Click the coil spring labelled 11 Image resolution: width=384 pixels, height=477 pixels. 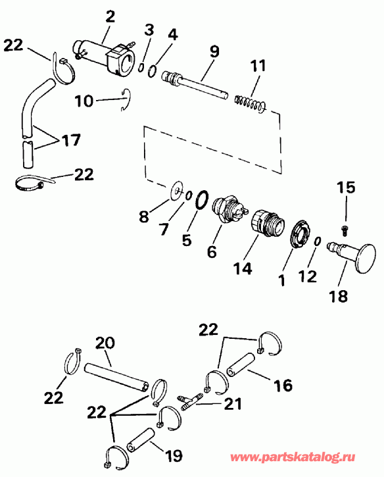(251, 103)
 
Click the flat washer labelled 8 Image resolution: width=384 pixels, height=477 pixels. (177, 191)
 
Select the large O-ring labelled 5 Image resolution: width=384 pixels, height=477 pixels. (202, 200)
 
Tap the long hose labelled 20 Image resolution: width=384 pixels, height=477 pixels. (116, 376)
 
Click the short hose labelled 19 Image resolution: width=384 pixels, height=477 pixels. (141, 439)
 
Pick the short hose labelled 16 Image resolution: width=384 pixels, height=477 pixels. (241, 365)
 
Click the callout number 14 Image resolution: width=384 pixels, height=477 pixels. (243, 268)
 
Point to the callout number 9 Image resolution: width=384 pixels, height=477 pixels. (214, 51)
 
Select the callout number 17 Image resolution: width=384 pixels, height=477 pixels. (71, 140)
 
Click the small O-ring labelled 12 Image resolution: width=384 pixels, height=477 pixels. (317, 241)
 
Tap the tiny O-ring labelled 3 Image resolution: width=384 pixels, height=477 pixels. (141, 68)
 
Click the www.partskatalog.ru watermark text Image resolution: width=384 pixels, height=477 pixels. (292, 457)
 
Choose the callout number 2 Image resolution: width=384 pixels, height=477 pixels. (110, 16)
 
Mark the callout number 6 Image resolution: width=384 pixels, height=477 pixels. (212, 252)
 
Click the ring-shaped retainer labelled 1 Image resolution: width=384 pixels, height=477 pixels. (300, 234)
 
